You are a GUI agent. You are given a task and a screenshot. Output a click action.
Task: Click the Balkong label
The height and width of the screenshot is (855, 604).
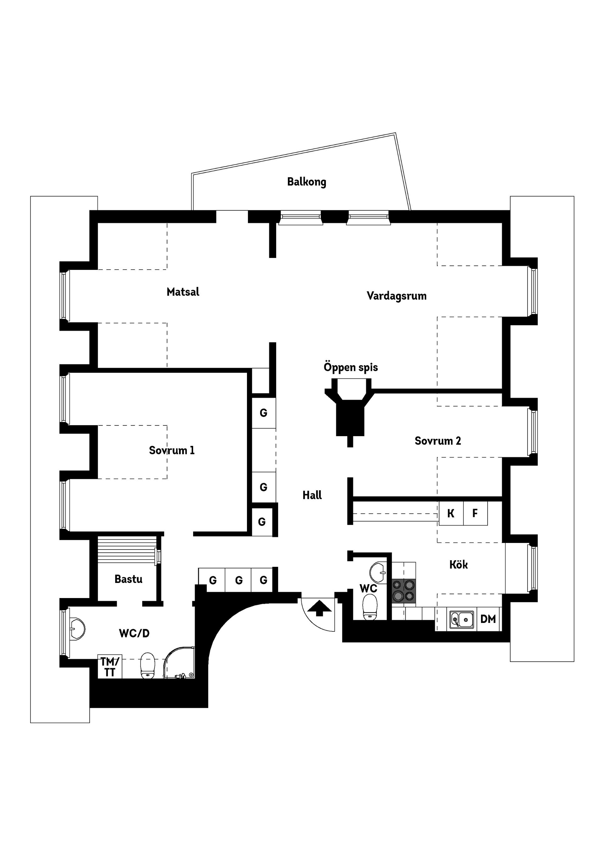coord(306,182)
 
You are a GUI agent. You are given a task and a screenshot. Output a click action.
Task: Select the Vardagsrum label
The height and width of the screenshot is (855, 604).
coord(396,296)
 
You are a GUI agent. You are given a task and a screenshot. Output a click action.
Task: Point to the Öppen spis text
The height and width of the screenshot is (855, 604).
coord(350,367)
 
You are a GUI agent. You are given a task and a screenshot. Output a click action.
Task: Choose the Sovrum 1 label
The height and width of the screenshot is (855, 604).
coord(171,450)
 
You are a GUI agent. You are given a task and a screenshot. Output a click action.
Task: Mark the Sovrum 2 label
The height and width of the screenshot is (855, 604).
coord(438,441)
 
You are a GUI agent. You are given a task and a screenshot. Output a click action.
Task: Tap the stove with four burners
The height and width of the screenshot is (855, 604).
coord(404,591)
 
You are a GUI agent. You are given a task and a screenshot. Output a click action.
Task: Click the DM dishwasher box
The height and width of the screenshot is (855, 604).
coord(488,619)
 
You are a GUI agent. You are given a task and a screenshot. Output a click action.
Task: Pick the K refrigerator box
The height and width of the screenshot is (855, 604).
coord(451,514)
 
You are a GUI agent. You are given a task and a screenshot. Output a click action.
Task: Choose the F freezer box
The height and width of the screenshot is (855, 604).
coord(475,514)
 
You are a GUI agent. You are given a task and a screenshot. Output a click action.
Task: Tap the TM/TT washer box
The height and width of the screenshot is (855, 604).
coord(110,667)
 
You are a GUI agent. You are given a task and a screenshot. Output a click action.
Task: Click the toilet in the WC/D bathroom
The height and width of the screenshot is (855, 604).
coord(148,666)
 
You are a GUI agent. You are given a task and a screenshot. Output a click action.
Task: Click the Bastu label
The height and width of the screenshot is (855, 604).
coord(128,579)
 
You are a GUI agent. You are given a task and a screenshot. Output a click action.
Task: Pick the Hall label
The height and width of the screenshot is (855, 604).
coord(312,495)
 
